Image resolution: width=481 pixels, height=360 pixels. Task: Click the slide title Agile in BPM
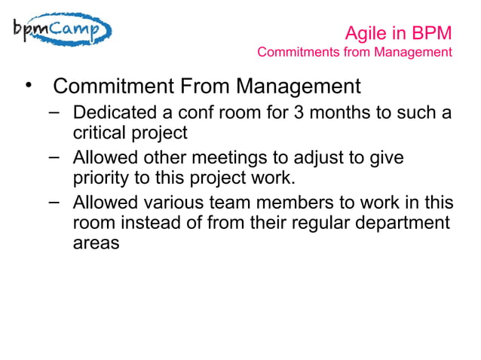pyautogui.click(x=397, y=33)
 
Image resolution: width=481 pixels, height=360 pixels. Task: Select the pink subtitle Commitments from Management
pyautogui.click(x=354, y=53)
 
